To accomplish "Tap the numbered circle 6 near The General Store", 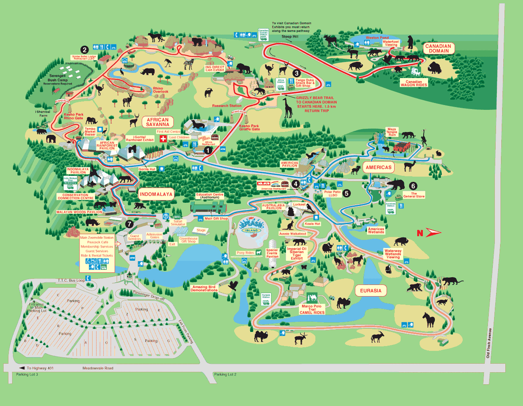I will tap(413, 185).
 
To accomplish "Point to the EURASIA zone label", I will tap(371, 290).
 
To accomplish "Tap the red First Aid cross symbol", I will tap(164, 138).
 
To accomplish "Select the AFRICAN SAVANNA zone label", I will tap(158, 122).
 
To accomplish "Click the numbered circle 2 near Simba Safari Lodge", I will tap(84, 50).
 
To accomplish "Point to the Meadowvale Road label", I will tap(98, 368).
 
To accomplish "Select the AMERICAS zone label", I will tap(378, 167).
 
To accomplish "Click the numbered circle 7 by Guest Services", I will tap(129, 224).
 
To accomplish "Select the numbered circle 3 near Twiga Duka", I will tap(297, 73).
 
